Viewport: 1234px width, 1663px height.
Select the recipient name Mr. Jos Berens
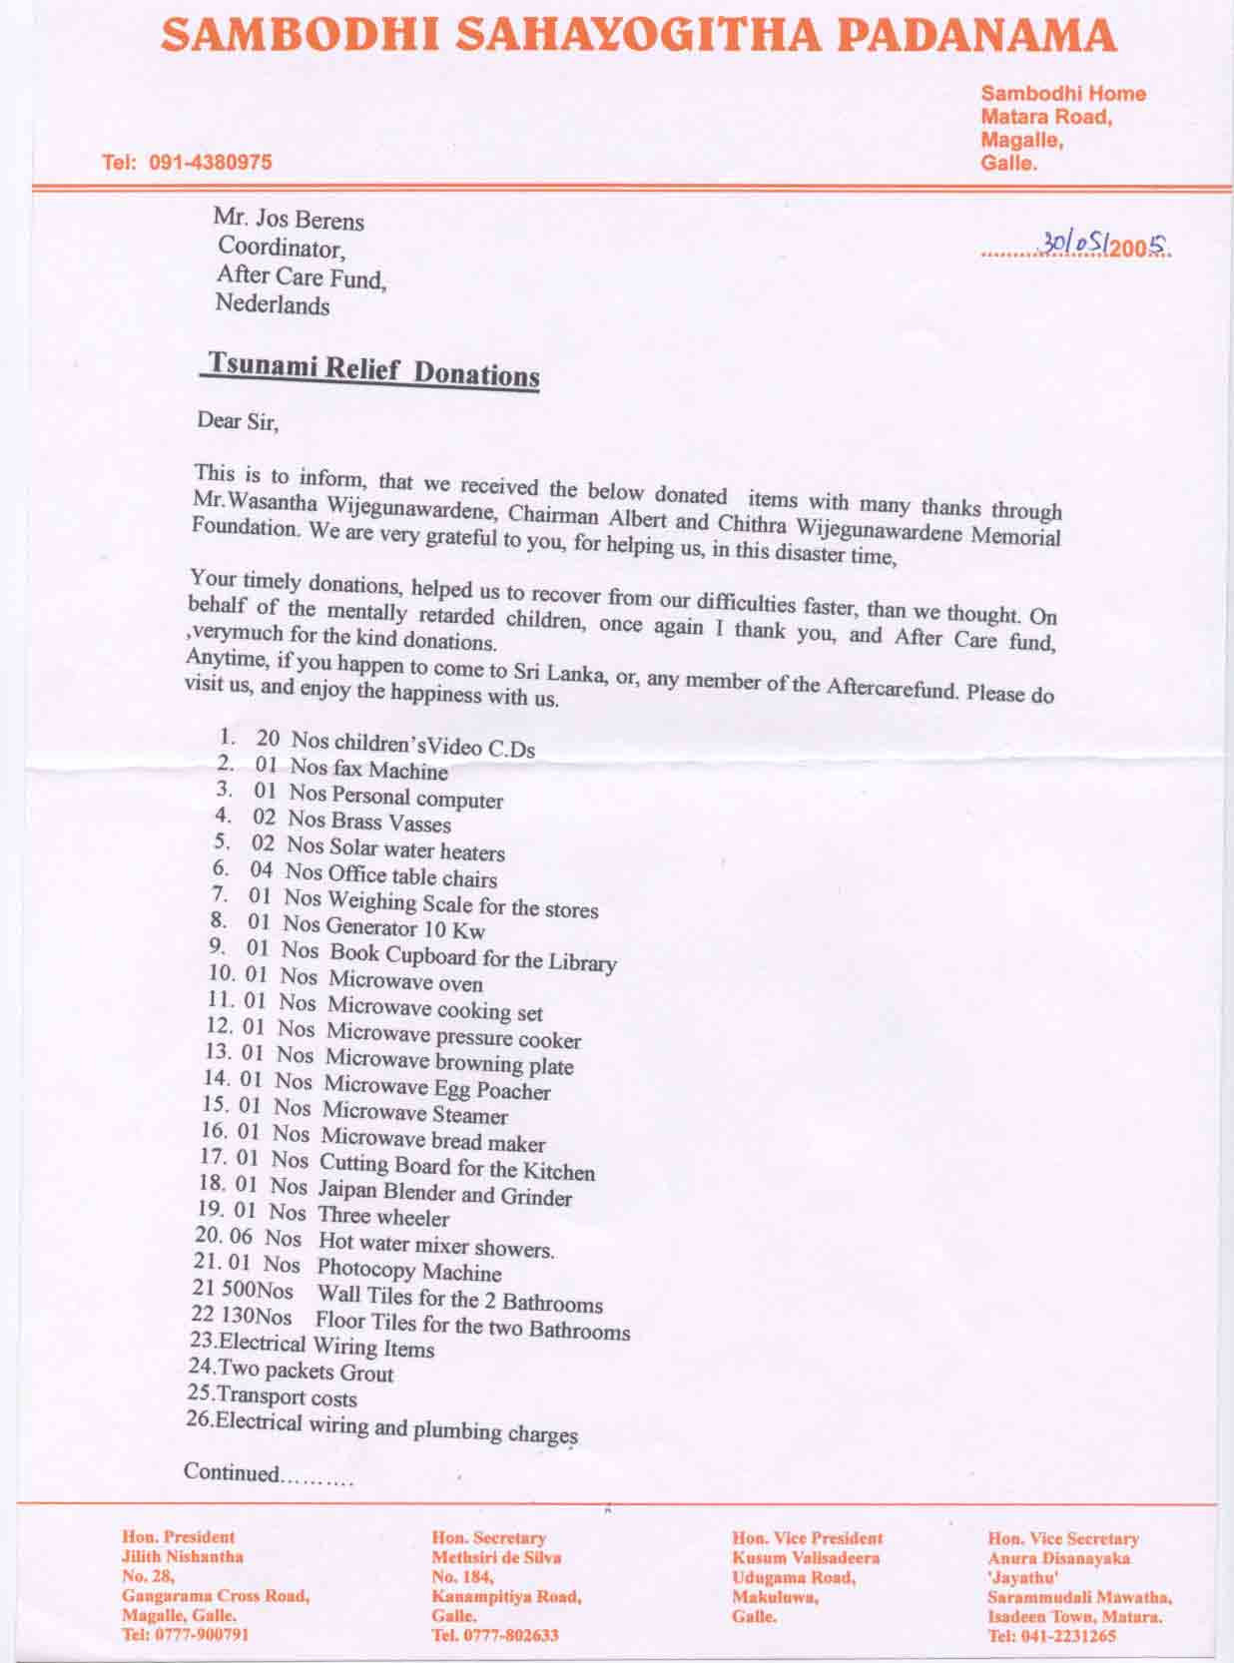[289, 220]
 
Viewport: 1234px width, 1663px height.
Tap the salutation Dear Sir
[238, 420]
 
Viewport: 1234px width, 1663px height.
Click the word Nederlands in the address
[273, 305]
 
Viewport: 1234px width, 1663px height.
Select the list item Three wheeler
[383, 1216]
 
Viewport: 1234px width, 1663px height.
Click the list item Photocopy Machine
[409, 1271]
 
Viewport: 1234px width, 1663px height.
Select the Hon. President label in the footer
[179, 1537]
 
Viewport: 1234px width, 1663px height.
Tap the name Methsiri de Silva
[496, 1557]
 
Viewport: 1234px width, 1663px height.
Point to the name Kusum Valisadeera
[806, 1557]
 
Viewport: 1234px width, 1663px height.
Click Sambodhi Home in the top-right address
[1063, 94]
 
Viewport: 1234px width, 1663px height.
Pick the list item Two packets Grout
[305, 1373]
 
